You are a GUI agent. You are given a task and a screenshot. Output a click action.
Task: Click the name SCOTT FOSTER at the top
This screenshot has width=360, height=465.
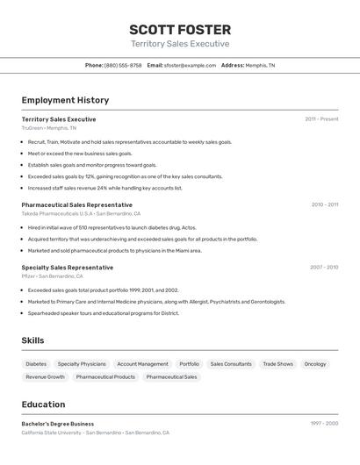[x=180, y=30]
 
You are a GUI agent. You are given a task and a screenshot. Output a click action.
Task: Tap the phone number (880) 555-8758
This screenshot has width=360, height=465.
[x=123, y=65]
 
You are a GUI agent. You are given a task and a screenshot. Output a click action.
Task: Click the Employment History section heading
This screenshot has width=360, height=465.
[x=65, y=100]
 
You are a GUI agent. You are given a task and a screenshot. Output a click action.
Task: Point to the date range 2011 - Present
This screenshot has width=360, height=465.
[x=321, y=119]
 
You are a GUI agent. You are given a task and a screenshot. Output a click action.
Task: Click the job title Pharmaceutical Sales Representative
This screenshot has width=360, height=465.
[x=77, y=204]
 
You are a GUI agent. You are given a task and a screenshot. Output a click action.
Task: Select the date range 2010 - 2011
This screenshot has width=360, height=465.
[x=324, y=204]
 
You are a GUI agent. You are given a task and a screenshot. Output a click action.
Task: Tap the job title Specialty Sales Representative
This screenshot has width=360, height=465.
[x=68, y=268]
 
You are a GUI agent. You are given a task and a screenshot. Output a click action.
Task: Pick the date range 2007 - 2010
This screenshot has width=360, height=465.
[x=323, y=268]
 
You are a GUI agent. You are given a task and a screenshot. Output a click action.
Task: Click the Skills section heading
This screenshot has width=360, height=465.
[x=33, y=340]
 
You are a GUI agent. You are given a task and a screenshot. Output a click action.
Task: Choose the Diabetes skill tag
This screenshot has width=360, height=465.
[x=36, y=364]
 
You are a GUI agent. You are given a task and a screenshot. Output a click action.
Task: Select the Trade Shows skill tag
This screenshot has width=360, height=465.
[x=277, y=364]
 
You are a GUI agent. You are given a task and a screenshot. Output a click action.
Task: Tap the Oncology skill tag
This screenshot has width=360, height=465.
[x=315, y=364]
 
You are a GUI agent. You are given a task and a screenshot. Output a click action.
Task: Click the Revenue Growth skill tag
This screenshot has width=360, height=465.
[x=45, y=377]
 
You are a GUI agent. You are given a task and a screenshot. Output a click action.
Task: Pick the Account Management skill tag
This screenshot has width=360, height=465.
[x=142, y=364]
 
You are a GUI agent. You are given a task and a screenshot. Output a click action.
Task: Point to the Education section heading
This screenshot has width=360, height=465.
[x=43, y=404]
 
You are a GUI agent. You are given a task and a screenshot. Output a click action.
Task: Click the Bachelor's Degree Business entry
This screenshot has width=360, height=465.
[x=58, y=424]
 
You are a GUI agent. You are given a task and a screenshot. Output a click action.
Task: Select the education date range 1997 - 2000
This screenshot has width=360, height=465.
[x=323, y=424]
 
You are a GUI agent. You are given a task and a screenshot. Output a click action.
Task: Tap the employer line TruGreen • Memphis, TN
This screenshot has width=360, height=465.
[x=49, y=128]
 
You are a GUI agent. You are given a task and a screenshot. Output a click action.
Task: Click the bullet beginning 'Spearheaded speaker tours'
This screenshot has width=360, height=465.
[x=104, y=313]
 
